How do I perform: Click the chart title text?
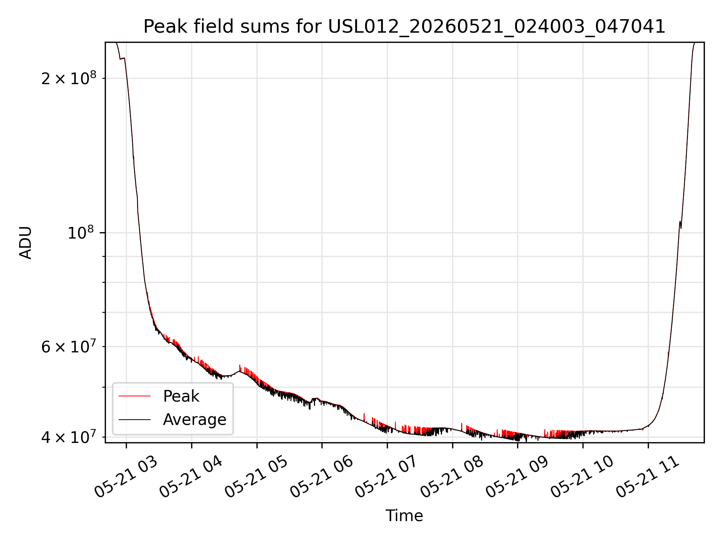pos(404,27)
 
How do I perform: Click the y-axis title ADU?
pos(26,243)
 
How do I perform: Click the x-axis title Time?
pos(404,516)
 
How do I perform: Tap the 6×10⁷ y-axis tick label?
pos(69,346)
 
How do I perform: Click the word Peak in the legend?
pos(181,396)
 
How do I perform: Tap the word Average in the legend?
pos(195,420)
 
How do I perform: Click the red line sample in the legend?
pos(134,396)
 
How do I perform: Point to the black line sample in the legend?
pos(134,419)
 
